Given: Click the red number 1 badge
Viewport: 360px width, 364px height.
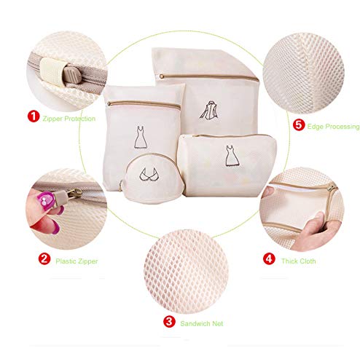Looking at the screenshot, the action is tap(34, 116).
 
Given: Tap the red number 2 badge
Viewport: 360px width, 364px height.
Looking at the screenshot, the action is tap(44, 258).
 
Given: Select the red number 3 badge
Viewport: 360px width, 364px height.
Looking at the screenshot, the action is tap(169, 322).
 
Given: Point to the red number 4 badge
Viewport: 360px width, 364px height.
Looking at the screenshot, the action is tap(269, 258).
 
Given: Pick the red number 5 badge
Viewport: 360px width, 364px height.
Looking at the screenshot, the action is tap(299, 125).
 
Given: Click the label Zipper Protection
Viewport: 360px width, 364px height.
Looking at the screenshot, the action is tap(69, 119).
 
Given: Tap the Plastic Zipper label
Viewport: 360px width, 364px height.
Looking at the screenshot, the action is tap(77, 261).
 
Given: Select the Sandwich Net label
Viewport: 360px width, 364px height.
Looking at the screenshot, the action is tap(202, 323).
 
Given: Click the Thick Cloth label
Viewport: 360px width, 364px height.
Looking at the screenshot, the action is tap(299, 261).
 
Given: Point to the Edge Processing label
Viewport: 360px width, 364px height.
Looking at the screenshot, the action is tap(333, 127).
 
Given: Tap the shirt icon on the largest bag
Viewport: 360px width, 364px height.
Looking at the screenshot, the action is tap(208, 111).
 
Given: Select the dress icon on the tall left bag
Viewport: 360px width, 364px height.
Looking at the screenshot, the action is tap(141, 137).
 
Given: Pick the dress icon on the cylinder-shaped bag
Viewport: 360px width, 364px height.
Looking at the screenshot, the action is tap(232, 156).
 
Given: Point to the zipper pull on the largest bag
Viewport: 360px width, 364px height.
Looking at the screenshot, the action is tap(162, 76).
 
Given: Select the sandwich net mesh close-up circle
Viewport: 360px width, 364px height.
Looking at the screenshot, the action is tap(186, 272).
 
